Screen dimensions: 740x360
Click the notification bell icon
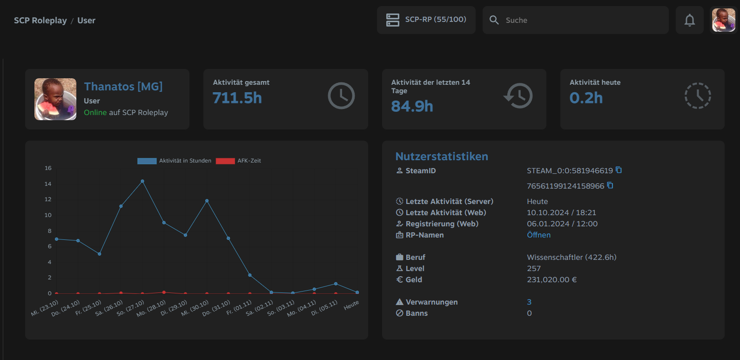pyautogui.click(x=689, y=20)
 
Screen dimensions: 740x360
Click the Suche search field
pyautogui.click(x=576, y=20)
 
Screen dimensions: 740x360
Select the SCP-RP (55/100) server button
pyautogui.click(x=426, y=20)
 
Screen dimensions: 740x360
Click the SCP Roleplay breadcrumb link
pyautogui.click(x=40, y=20)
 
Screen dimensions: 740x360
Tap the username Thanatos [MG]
pyautogui.click(x=123, y=87)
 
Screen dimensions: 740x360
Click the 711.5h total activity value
pyautogui.click(x=237, y=98)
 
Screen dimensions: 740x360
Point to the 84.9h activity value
pyautogui.click(x=412, y=106)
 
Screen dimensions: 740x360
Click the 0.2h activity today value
pyautogui.click(x=586, y=98)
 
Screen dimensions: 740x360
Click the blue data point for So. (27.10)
pyautogui.click(x=142, y=181)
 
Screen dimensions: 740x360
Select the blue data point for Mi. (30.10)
pyautogui.click(x=207, y=201)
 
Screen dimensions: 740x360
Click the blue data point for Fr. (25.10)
pyautogui.click(x=100, y=254)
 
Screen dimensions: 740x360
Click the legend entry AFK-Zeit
pyautogui.click(x=238, y=161)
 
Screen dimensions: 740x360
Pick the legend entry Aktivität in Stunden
pyautogui.click(x=174, y=161)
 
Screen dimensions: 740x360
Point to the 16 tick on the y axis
pyautogui.click(x=48, y=168)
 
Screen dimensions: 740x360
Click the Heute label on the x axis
pyautogui.click(x=351, y=305)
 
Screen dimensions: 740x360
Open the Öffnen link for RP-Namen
pyautogui.click(x=538, y=235)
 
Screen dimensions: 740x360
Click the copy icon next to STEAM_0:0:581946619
pyautogui.click(x=619, y=170)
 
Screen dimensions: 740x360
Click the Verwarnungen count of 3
pyautogui.click(x=529, y=302)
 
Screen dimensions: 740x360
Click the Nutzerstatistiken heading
pyautogui.click(x=442, y=156)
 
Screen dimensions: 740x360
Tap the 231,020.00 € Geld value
pyautogui.click(x=552, y=280)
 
